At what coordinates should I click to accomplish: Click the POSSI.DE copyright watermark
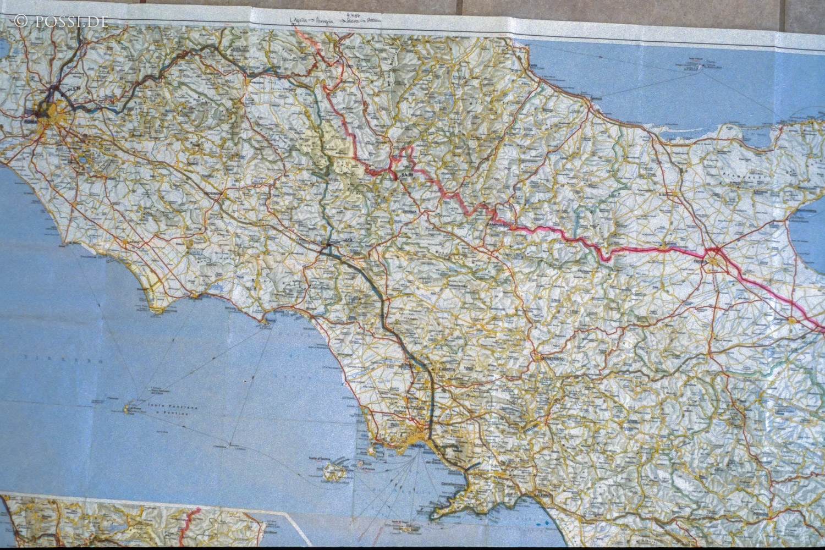pyautogui.click(x=61, y=21)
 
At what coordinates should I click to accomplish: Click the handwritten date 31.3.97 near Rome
pyautogui.click(x=74, y=88)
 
